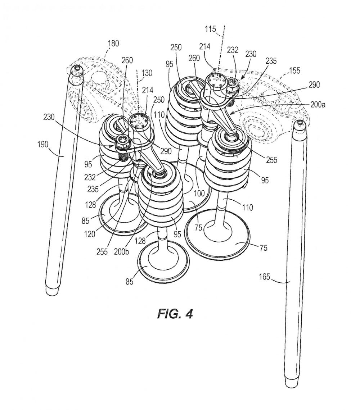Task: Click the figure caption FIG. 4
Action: click(175, 314)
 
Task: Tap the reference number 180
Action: click(113, 43)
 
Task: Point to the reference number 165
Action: click(264, 277)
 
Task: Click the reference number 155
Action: click(294, 70)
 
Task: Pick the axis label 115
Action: click(210, 28)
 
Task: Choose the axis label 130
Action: click(147, 73)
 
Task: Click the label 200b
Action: click(121, 251)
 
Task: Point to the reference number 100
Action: click(199, 194)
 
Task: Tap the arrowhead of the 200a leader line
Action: click(232, 114)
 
